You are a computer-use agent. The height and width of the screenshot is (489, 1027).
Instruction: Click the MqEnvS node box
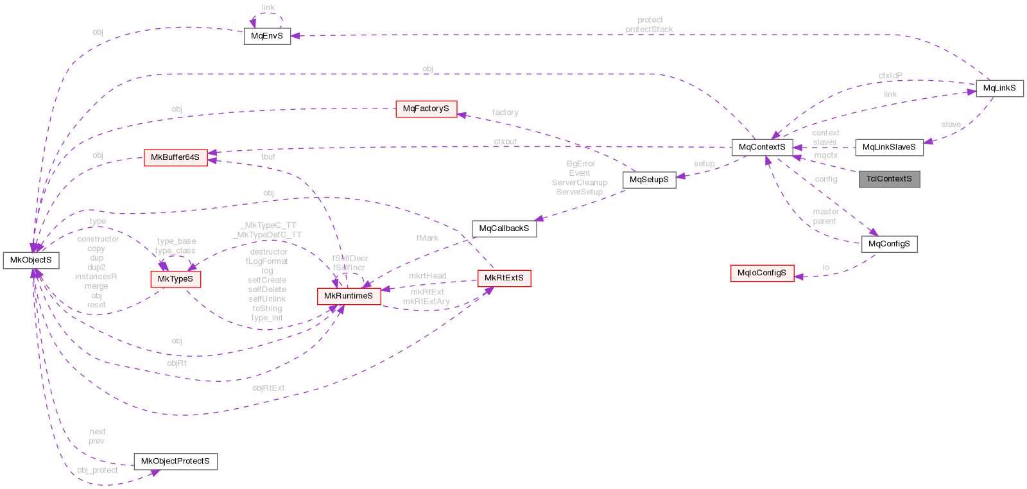pyautogui.click(x=267, y=36)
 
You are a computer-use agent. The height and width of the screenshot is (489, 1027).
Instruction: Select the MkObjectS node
pyautogui.click(x=31, y=260)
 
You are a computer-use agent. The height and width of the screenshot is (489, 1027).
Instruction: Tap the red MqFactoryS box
pyautogui.click(x=426, y=109)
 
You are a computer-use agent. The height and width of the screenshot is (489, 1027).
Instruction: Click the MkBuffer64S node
pyautogui.click(x=175, y=157)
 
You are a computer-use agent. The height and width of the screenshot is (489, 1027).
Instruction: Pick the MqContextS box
pyautogui.click(x=762, y=147)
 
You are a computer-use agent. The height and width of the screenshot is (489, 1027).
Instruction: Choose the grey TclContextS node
pyautogui.click(x=889, y=179)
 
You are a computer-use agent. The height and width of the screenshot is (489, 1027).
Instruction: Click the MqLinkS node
pyautogui.click(x=999, y=88)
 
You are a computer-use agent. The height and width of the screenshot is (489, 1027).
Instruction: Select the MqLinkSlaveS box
pyautogui.click(x=889, y=147)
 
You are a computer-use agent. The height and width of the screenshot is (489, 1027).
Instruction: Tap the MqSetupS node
pyautogui.click(x=649, y=180)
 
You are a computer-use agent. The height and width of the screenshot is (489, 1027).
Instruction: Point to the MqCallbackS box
pyautogui.click(x=504, y=228)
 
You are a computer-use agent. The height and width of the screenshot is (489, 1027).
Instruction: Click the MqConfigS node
pyautogui.click(x=889, y=244)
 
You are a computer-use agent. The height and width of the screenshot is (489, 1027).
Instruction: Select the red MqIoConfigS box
pyautogui.click(x=762, y=273)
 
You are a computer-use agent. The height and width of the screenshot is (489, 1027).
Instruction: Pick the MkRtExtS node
pyautogui.click(x=504, y=278)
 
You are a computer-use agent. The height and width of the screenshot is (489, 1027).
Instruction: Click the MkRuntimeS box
pyautogui.click(x=349, y=296)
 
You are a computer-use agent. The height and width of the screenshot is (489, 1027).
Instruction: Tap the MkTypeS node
pyautogui.click(x=175, y=279)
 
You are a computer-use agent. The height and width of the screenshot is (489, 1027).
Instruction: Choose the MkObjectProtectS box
pyautogui.click(x=175, y=461)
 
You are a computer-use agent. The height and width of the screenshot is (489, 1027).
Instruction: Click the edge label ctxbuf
pyautogui.click(x=505, y=142)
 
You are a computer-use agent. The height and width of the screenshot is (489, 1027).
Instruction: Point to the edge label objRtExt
pyautogui.click(x=268, y=388)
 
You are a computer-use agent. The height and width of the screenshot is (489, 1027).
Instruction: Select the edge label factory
pyautogui.click(x=505, y=113)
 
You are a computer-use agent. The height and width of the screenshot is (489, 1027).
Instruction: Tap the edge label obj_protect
pyautogui.click(x=98, y=470)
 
